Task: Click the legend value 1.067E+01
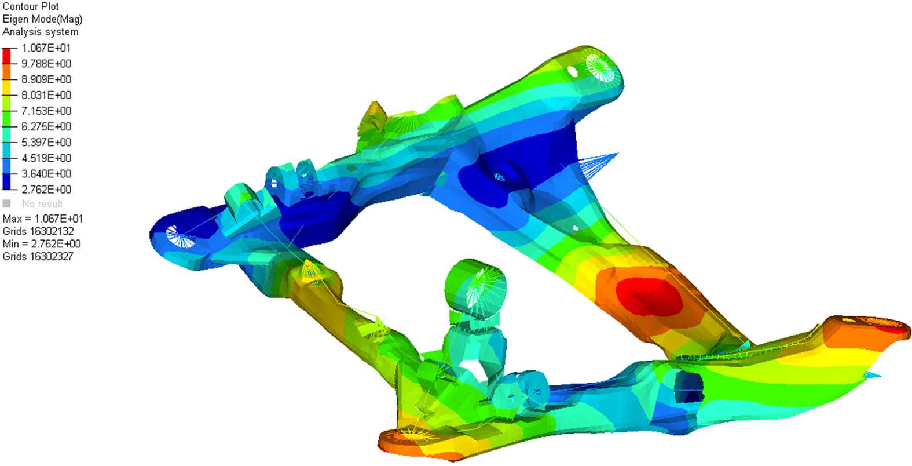pyautogui.click(x=46, y=48)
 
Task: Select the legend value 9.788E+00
pyautogui.click(x=46, y=64)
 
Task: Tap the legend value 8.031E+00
pyautogui.click(x=46, y=95)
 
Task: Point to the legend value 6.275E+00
pyautogui.click(x=46, y=126)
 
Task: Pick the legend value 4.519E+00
pyautogui.click(x=46, y=158)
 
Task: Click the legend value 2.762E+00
pyautogui.click(x=46, y=189)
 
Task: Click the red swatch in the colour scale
pyautogui.click(x=6, y=56)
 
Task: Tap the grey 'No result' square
pyautogui.click(x=6, y=203)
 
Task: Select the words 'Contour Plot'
pyautogui.click(x=31, y=6)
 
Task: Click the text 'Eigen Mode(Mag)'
pyautogui.click(x=42, y=19)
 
